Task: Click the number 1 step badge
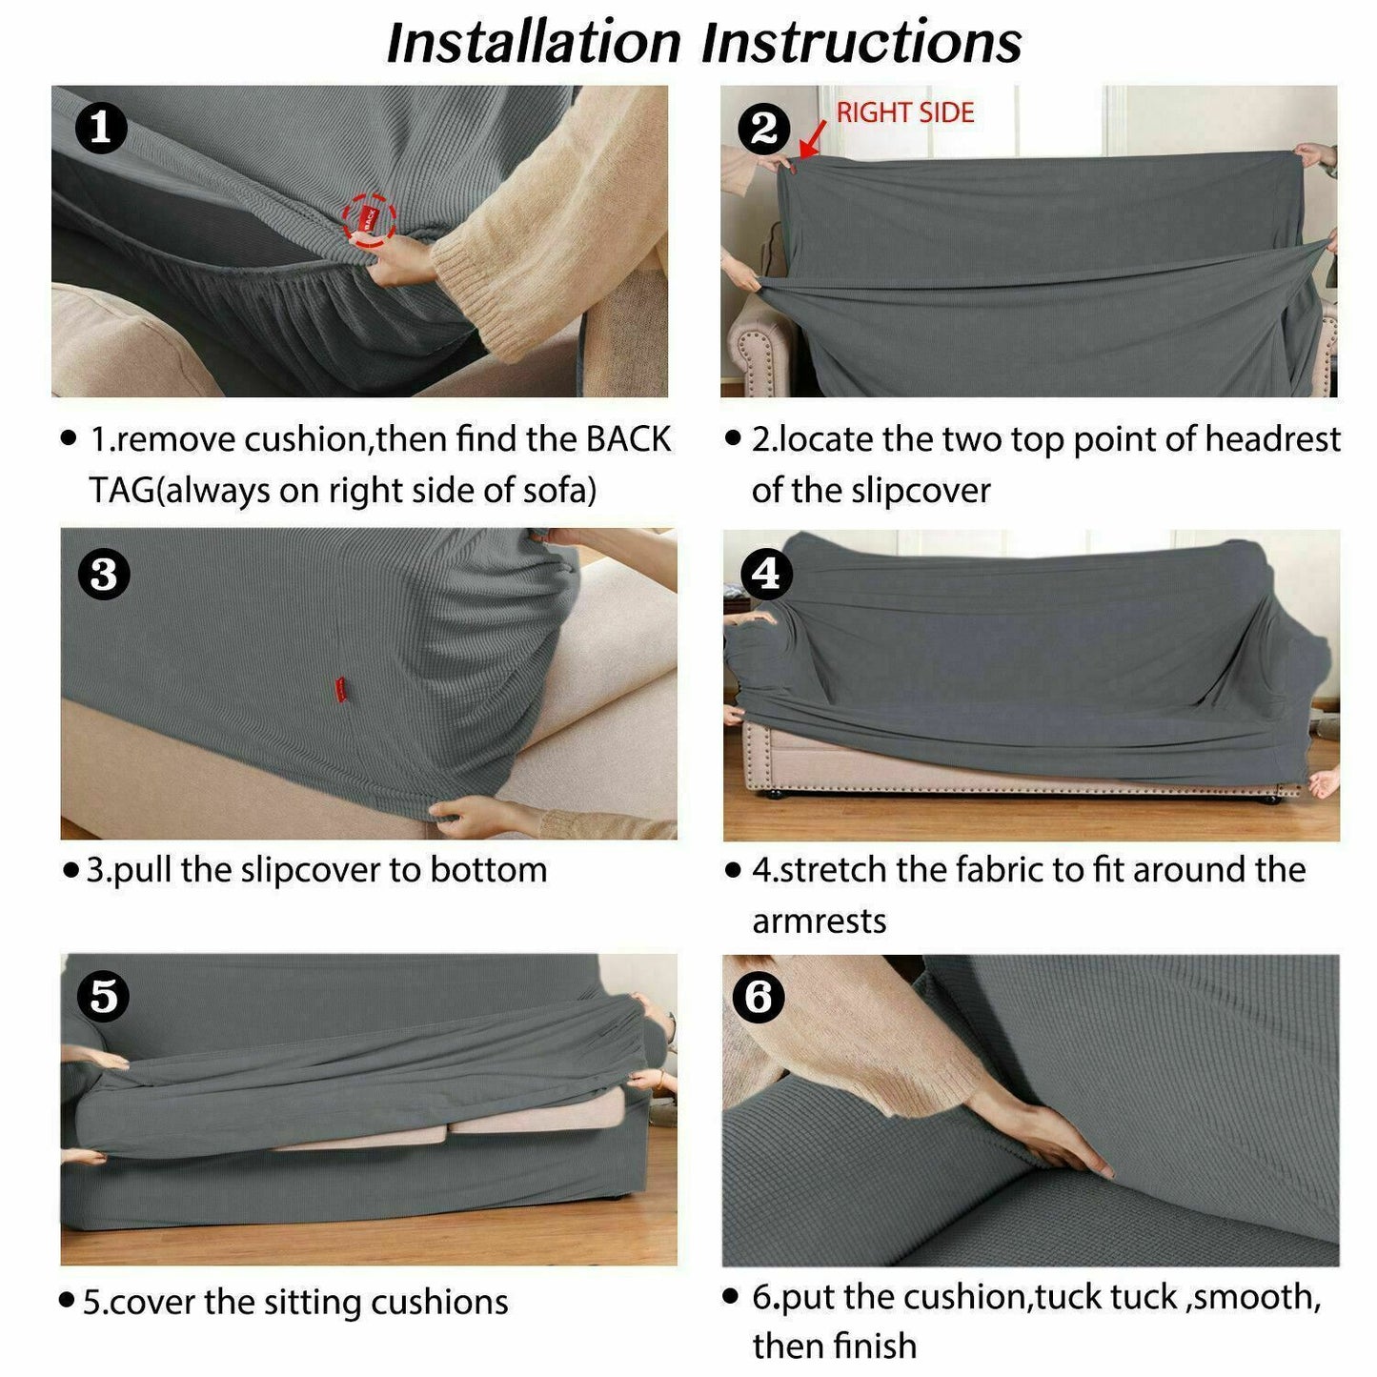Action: [101, 130]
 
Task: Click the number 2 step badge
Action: [764, 130]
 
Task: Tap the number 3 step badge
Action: [104, 574]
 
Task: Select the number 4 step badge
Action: [767, 574]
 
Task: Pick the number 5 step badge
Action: [104, 996]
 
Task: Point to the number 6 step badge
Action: [759, 996]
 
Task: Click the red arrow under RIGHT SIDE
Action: [812, 139]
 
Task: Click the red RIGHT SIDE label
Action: [905, 112]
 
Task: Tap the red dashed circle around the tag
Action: [369, 218]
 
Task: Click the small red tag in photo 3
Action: [341, 689]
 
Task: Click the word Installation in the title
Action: [534, 43]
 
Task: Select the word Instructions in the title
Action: [861, 43]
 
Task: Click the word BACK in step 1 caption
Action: [629, 439]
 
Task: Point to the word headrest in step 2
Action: [1273, 439]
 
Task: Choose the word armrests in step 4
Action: [820, 921]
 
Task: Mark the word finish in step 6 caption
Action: [876, 1347]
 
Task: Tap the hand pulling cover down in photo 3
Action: [476, 816]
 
